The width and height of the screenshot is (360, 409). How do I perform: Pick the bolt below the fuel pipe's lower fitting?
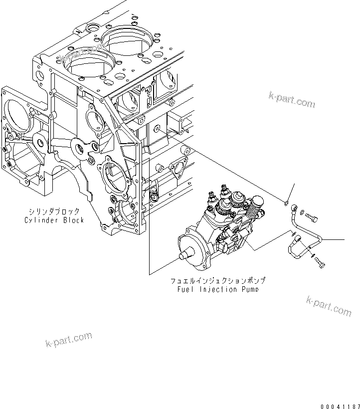[x=319, y=263]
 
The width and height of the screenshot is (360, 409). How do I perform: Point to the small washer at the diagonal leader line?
[x=285, y=202]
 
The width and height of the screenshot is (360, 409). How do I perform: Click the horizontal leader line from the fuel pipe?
[x=332, y=240]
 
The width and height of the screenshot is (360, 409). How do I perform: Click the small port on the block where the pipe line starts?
[x=158, y=130]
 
